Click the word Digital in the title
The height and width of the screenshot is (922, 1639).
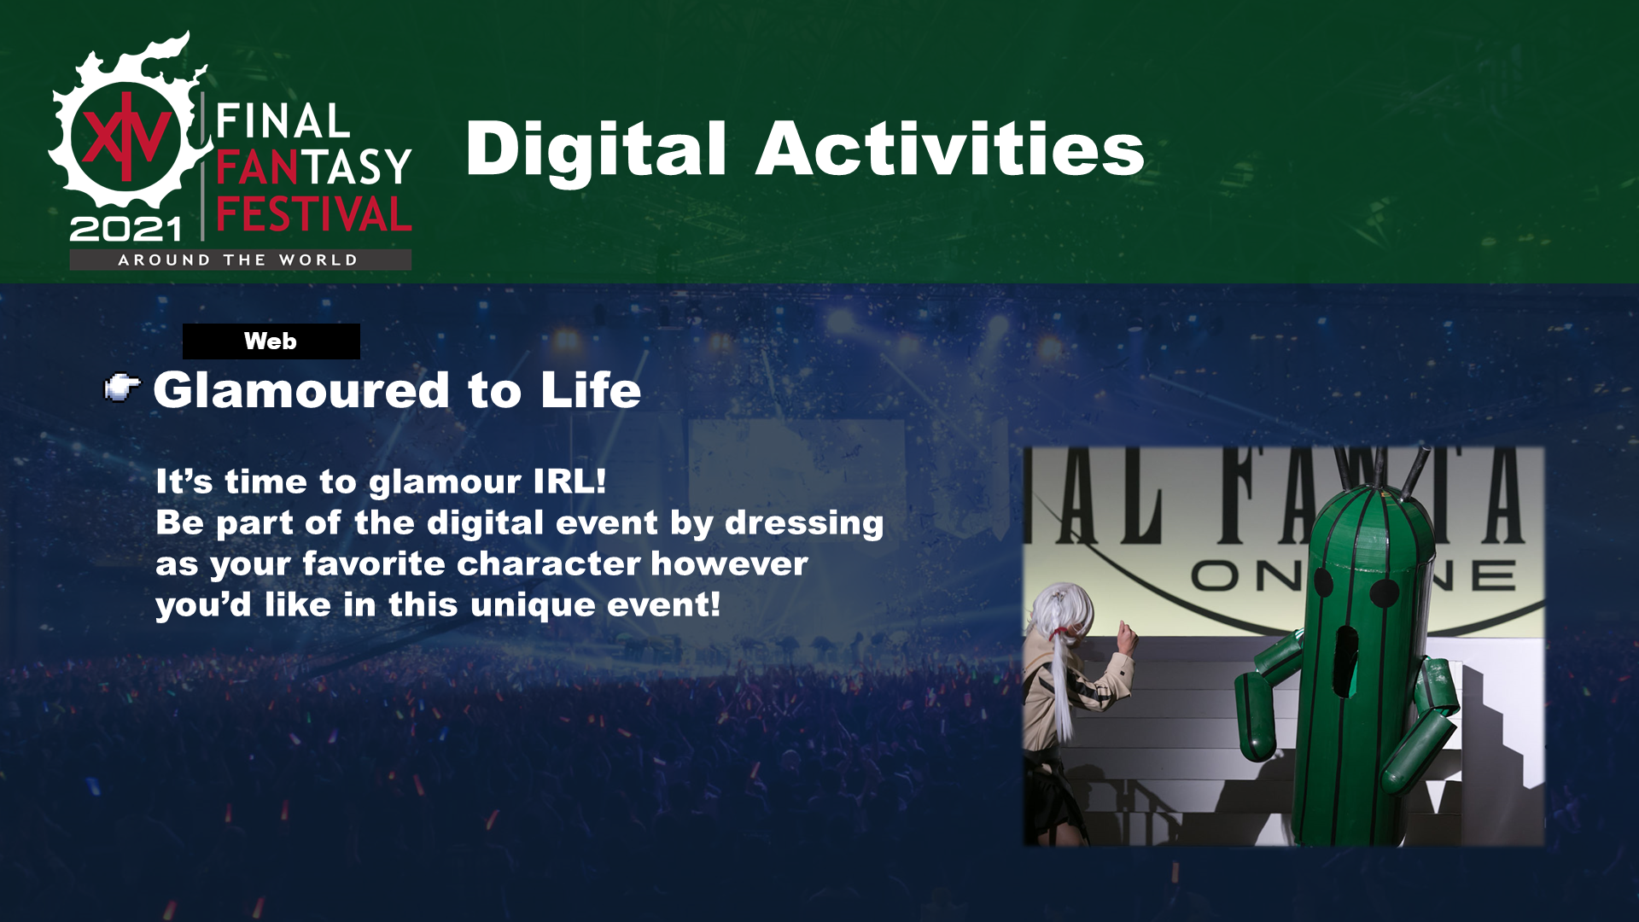596,149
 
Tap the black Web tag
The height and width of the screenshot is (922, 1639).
271,341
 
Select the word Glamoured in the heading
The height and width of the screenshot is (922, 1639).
301,390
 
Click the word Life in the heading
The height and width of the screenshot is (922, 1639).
591,390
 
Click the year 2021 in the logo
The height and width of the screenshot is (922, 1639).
126,229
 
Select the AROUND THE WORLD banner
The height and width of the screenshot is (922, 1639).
240,260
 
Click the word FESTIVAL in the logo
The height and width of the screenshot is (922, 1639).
314,213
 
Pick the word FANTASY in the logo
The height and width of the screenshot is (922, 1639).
314,166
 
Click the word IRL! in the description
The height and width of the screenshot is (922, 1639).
569,481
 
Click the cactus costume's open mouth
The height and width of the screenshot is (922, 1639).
1346,662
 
